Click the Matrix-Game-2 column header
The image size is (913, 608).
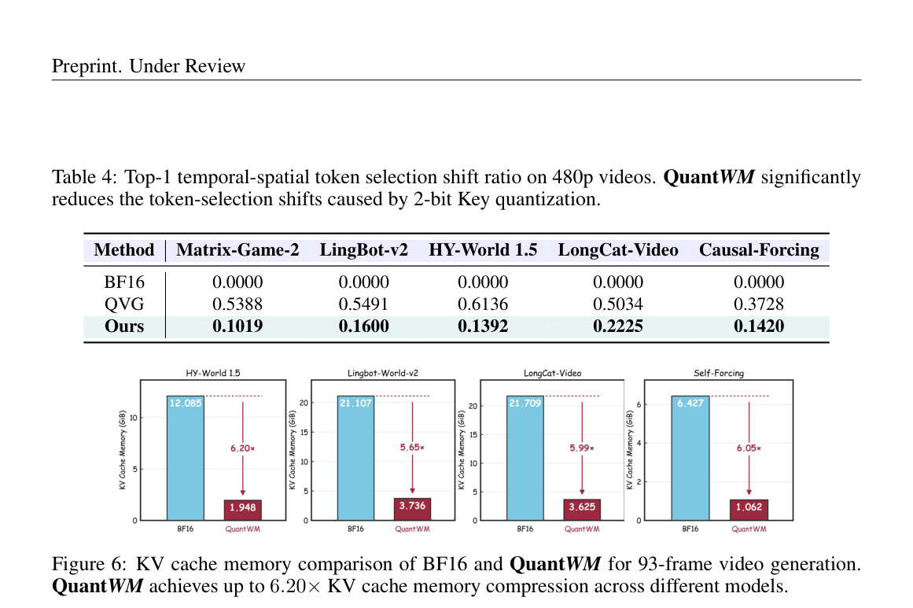237,250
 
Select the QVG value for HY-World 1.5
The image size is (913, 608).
483,304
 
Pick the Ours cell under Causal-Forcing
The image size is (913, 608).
759,326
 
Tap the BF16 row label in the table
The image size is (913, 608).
124,282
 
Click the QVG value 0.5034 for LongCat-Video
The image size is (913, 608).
618,304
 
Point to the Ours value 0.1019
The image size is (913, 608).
237,326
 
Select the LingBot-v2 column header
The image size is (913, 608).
364,250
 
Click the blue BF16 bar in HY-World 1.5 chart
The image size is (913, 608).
185,458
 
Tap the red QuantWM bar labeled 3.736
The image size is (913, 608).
412,509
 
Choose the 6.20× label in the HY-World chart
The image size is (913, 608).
242,448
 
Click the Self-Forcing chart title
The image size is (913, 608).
719,373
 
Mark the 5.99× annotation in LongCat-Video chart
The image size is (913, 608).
582,448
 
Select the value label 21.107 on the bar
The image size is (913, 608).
355,403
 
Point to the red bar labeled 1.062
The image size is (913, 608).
749,510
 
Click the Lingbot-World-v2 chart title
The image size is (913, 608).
382,373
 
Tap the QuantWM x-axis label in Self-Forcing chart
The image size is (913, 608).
749,529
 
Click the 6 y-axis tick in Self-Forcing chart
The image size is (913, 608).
639,404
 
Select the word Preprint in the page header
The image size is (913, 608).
87,66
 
